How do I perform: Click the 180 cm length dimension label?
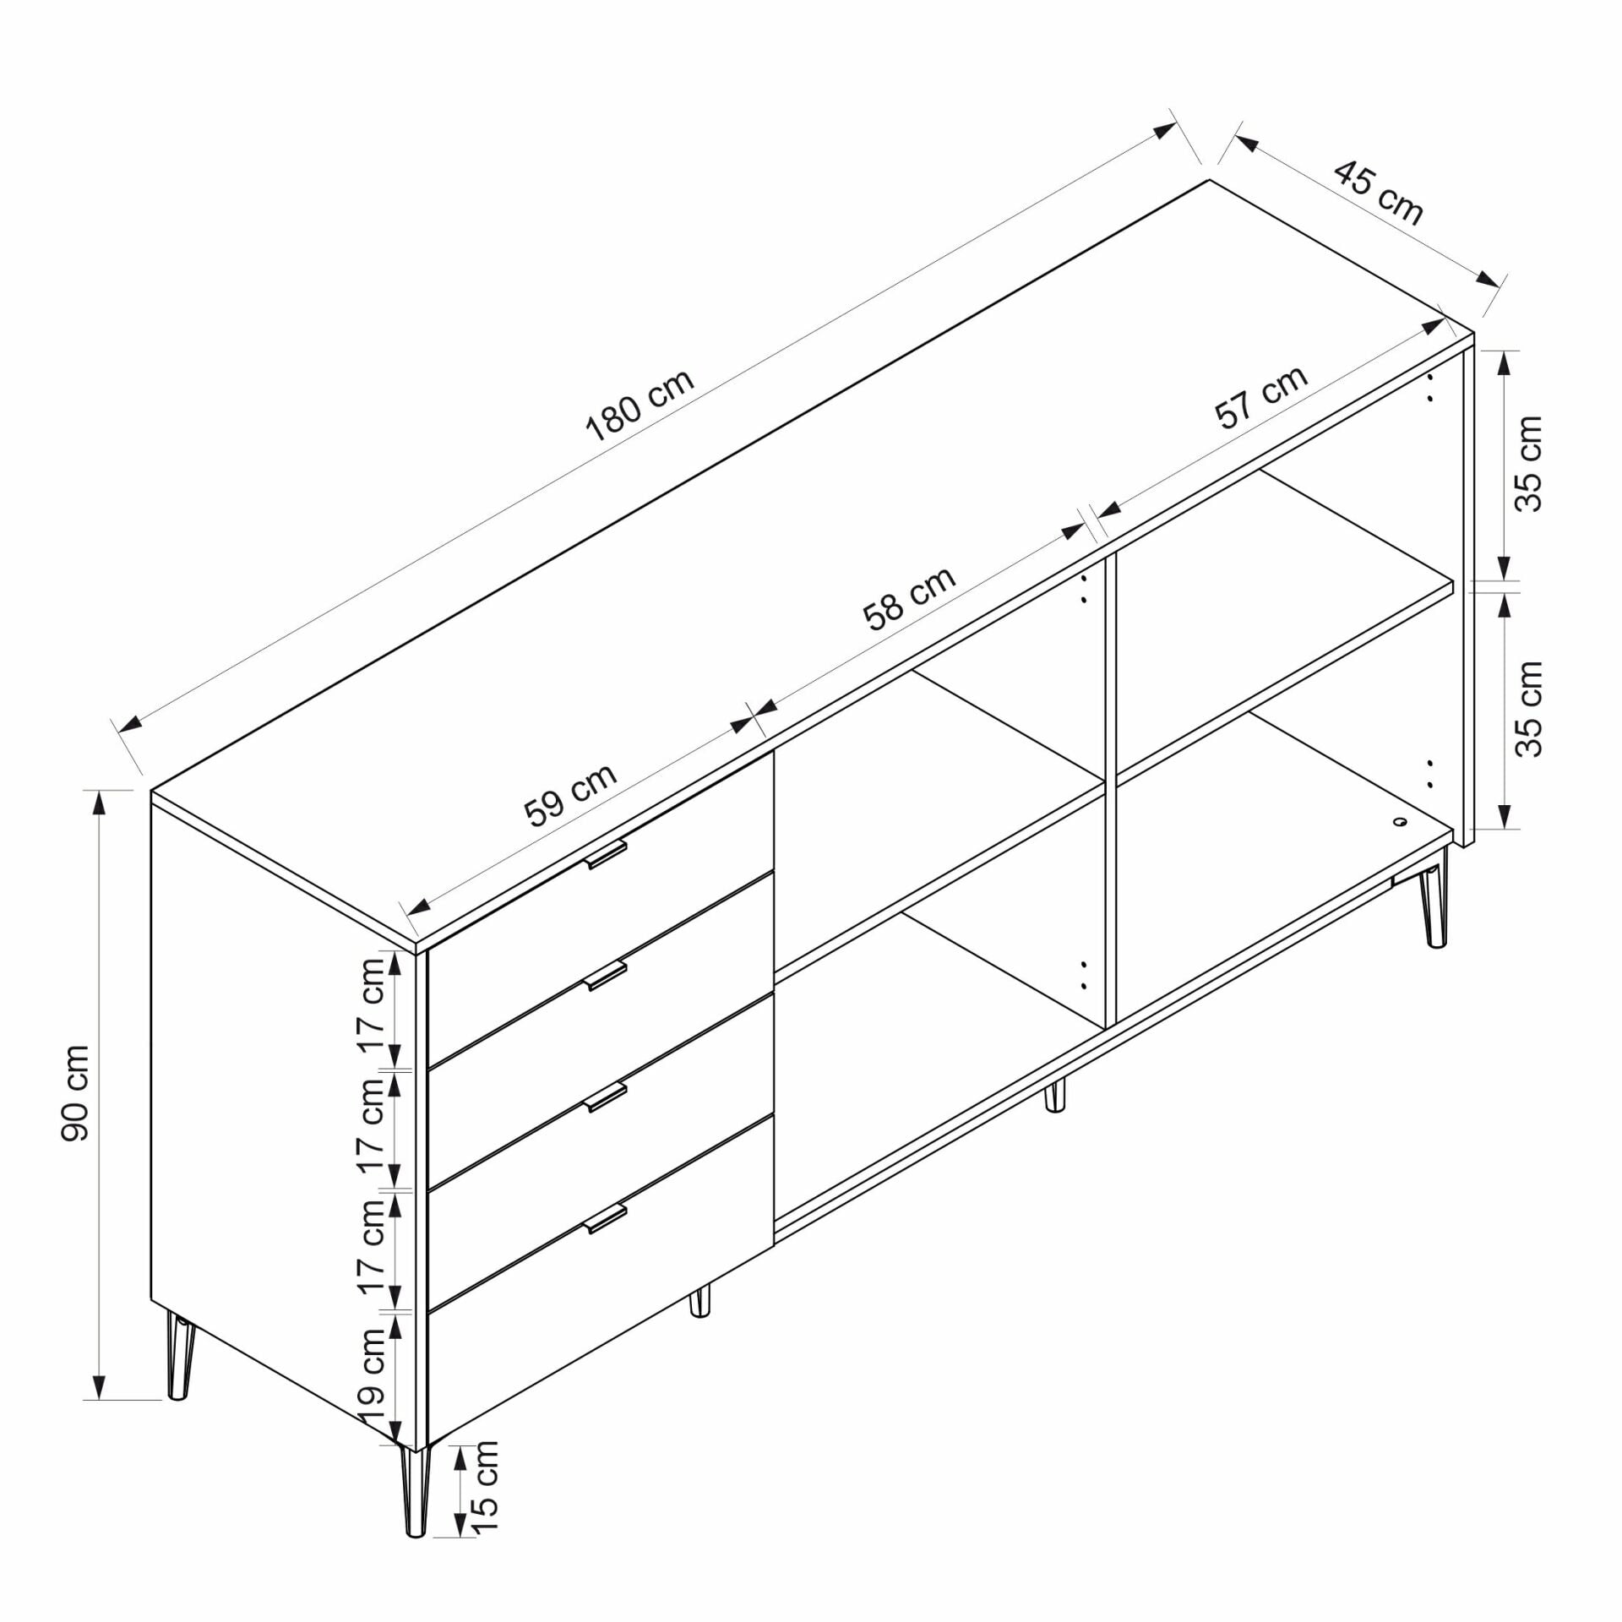[640, 405]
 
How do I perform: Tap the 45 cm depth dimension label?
[1379, 193]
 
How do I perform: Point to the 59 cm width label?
[570, 794]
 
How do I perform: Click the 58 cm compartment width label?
[909, 597]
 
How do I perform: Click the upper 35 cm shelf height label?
[1528, 463]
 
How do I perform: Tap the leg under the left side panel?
[179, 1357]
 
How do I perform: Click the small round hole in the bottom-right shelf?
[1401, 819]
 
